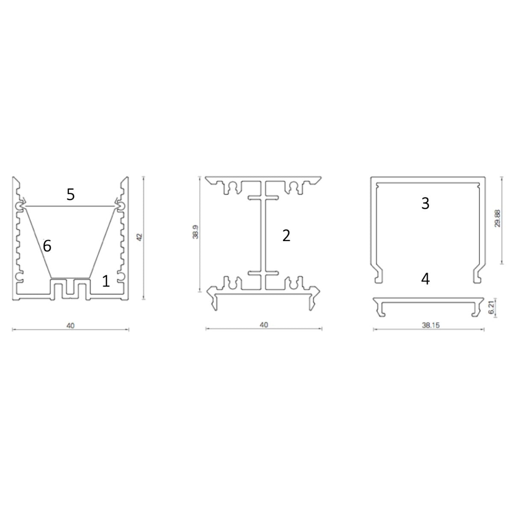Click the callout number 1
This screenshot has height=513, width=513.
[106, 281]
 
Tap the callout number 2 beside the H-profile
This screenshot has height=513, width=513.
[286, 235]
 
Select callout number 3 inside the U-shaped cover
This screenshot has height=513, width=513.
[425, 203]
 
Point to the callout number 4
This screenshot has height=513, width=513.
[425, 279]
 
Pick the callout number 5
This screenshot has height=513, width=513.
[71, 195]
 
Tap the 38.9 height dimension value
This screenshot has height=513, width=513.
[195, 234]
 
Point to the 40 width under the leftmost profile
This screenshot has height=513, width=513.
[71, 325]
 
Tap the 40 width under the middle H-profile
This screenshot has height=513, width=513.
[264, 325]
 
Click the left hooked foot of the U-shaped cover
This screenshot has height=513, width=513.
[378, 276]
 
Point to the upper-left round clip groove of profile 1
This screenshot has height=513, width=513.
[20, 206]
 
